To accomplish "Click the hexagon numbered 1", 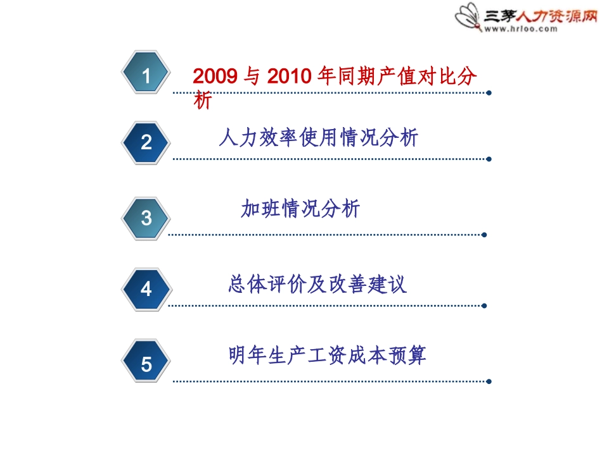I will (x=146, y=76).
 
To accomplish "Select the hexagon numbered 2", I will (x=146, y=142).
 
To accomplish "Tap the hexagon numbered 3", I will (x=146, y=218).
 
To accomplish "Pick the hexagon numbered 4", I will (x=146, y=289).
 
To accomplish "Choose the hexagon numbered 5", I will (x=146, y=364).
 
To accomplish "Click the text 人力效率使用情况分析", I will (x=319, y=137).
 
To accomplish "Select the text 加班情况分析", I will (x=300, y=209).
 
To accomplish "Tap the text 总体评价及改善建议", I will (x=317, y=284).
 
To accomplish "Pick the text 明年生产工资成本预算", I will (x=328, y=355).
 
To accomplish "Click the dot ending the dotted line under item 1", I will (x=489, y=93).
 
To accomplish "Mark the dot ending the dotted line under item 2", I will (x=489, y=159).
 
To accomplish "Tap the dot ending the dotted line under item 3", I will (x=484, y=235).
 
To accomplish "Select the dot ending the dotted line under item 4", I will (x=484, y=306).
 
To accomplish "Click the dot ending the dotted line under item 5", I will (x=489, y=381).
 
